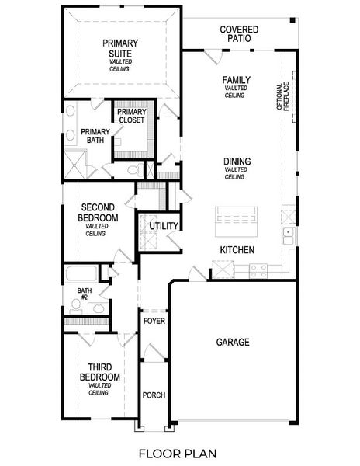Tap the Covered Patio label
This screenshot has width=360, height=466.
point(239,34)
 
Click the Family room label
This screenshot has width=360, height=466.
point(235,80)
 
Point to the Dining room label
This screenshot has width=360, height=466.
point(235,162)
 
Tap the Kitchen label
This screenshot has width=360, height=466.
point(237,250)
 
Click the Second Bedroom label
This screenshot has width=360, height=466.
point(99,214)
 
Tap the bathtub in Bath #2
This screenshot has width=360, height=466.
point(81,273)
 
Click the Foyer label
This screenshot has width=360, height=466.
point(154,321)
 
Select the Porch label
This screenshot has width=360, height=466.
point(154,395)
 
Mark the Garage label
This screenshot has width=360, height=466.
point(232,342)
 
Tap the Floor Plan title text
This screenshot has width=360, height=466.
point(178,452)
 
